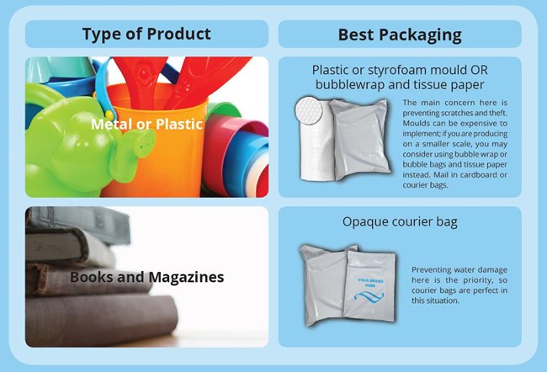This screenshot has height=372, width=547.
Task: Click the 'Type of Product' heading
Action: point(146,35)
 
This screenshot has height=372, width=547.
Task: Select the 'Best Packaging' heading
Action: point(400,35)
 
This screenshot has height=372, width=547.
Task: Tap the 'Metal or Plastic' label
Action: point(147,125)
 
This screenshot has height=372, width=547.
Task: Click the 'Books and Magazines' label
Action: point(147,277)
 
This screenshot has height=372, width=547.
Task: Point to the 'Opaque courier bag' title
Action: point(400,222)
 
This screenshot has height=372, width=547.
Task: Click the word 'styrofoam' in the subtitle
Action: point(397,71)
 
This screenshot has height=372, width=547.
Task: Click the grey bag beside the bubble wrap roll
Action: point(360,140)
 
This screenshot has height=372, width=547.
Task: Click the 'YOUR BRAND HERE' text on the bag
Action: point(370,283)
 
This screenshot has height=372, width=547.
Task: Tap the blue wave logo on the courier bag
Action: point(369,297)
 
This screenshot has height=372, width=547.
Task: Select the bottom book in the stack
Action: point(101,319)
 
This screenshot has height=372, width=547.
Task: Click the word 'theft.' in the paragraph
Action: point(497,113)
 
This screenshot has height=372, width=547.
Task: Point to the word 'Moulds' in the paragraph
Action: point(416,123)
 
